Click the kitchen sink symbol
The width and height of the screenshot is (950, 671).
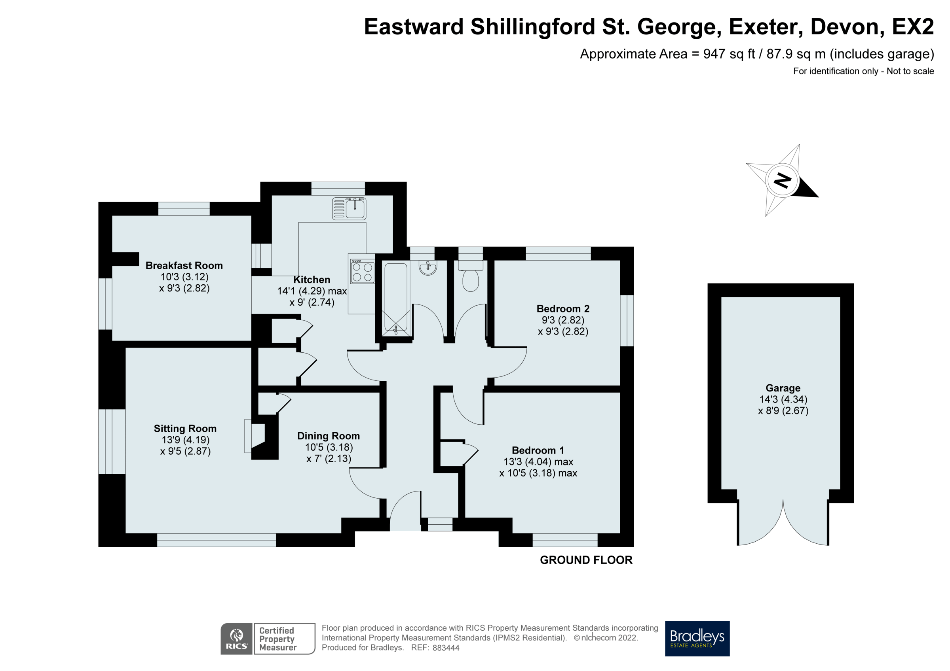[x=349, y=208]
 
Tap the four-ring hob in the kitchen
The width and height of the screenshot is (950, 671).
[x=363, y=272]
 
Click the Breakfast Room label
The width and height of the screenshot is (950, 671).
[x=184, y=265]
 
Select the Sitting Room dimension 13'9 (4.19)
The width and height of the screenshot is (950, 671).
[x=185, y=440]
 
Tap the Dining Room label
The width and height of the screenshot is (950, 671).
[x=329, y=436]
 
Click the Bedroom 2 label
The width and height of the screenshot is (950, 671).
[x=563, y=308]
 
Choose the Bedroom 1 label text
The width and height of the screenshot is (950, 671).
[x=538, y=450]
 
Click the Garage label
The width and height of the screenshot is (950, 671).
[x=783, y=388]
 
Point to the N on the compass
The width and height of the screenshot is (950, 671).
[x=782, y=180]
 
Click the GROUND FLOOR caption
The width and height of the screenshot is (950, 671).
[x=586, y=560]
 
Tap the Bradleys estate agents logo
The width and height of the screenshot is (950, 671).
[x=697, y=638]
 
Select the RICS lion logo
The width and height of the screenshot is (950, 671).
[x=237, y=638]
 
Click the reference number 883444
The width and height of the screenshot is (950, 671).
[x=446, y=648]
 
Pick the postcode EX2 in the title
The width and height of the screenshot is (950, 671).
[x=912, y=27]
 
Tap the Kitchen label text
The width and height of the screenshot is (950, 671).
[x=312, y=280]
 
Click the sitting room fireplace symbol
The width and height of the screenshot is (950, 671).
[x=255, y=436]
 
